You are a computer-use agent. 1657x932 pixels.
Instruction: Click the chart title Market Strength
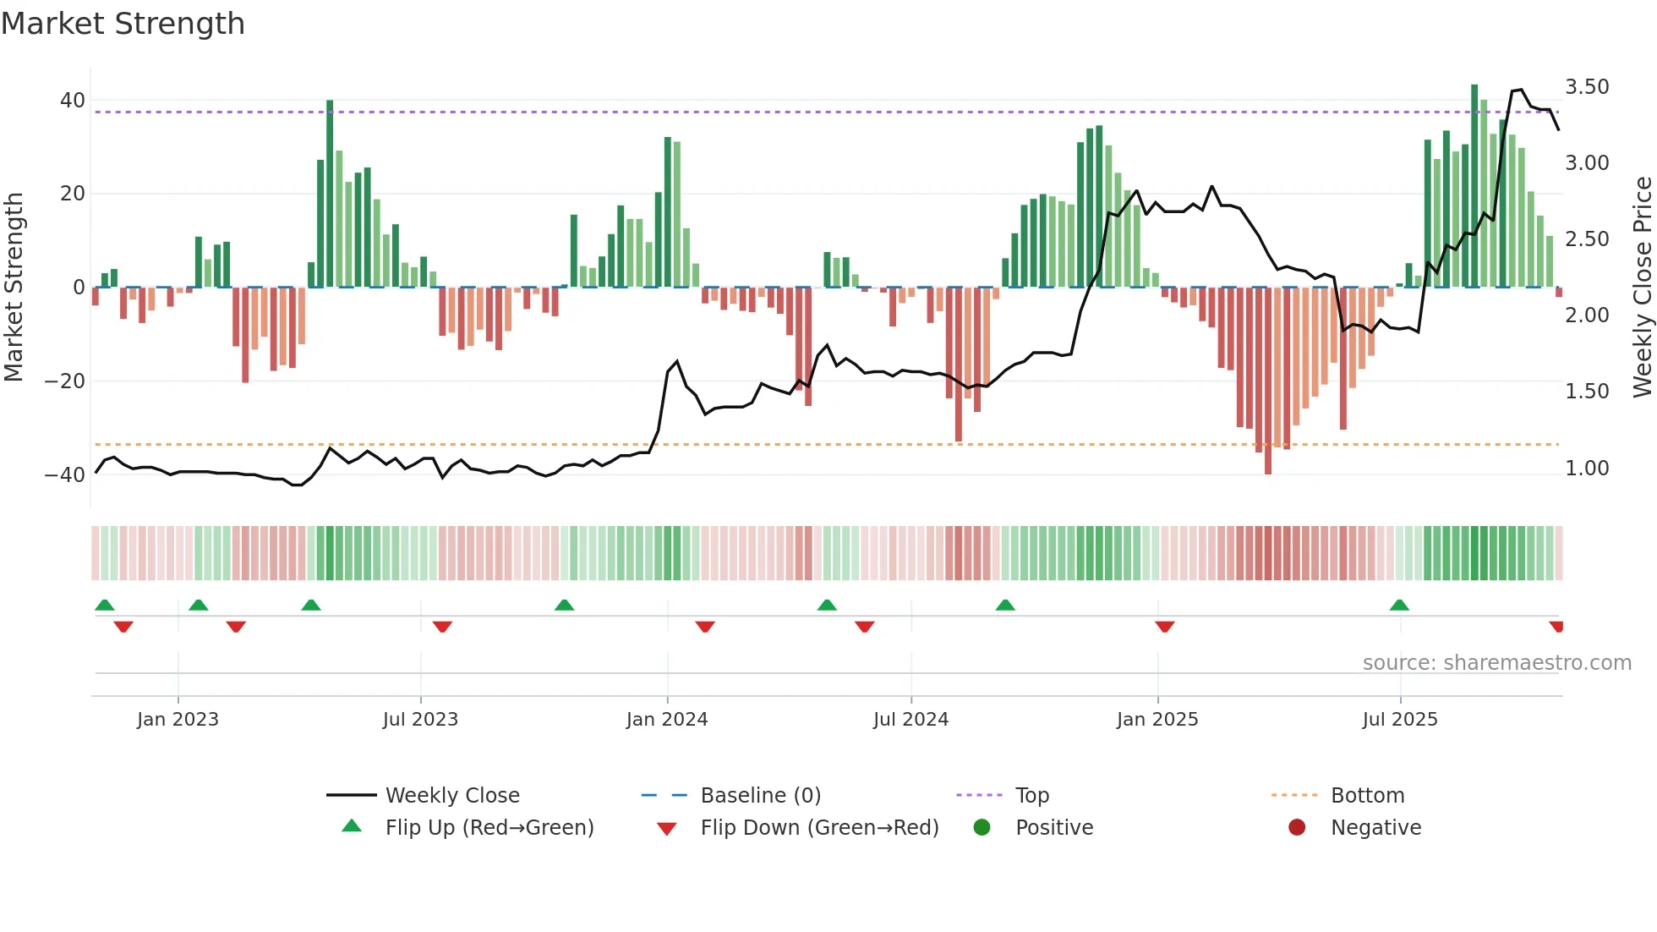tap(123, 24)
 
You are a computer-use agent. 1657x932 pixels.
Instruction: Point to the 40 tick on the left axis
tap(72, 101)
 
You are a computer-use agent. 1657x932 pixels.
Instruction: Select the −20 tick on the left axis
tap(65, 381)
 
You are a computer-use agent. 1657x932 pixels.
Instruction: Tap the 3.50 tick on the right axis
tap(1587, 87)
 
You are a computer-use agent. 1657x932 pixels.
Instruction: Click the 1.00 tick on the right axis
tap(1587, 469)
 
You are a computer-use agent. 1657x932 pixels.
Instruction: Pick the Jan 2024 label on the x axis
tap(667, 720)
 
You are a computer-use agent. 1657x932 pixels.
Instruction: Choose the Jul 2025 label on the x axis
tap(1400, 720)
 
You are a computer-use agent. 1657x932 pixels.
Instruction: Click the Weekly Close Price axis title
tap(1642, 287)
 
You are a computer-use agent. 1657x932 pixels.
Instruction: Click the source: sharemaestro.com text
tap(1496, 663)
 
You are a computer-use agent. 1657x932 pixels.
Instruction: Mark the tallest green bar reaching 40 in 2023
tap(330, 195)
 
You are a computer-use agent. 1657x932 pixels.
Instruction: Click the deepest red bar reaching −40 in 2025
tap(1268, 381)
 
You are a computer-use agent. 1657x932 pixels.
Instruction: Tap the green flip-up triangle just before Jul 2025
tap(1399, 606)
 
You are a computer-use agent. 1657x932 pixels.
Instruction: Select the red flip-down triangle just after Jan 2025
tap(1165, 627)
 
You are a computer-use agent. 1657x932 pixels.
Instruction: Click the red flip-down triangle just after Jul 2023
tap(442, 627)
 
